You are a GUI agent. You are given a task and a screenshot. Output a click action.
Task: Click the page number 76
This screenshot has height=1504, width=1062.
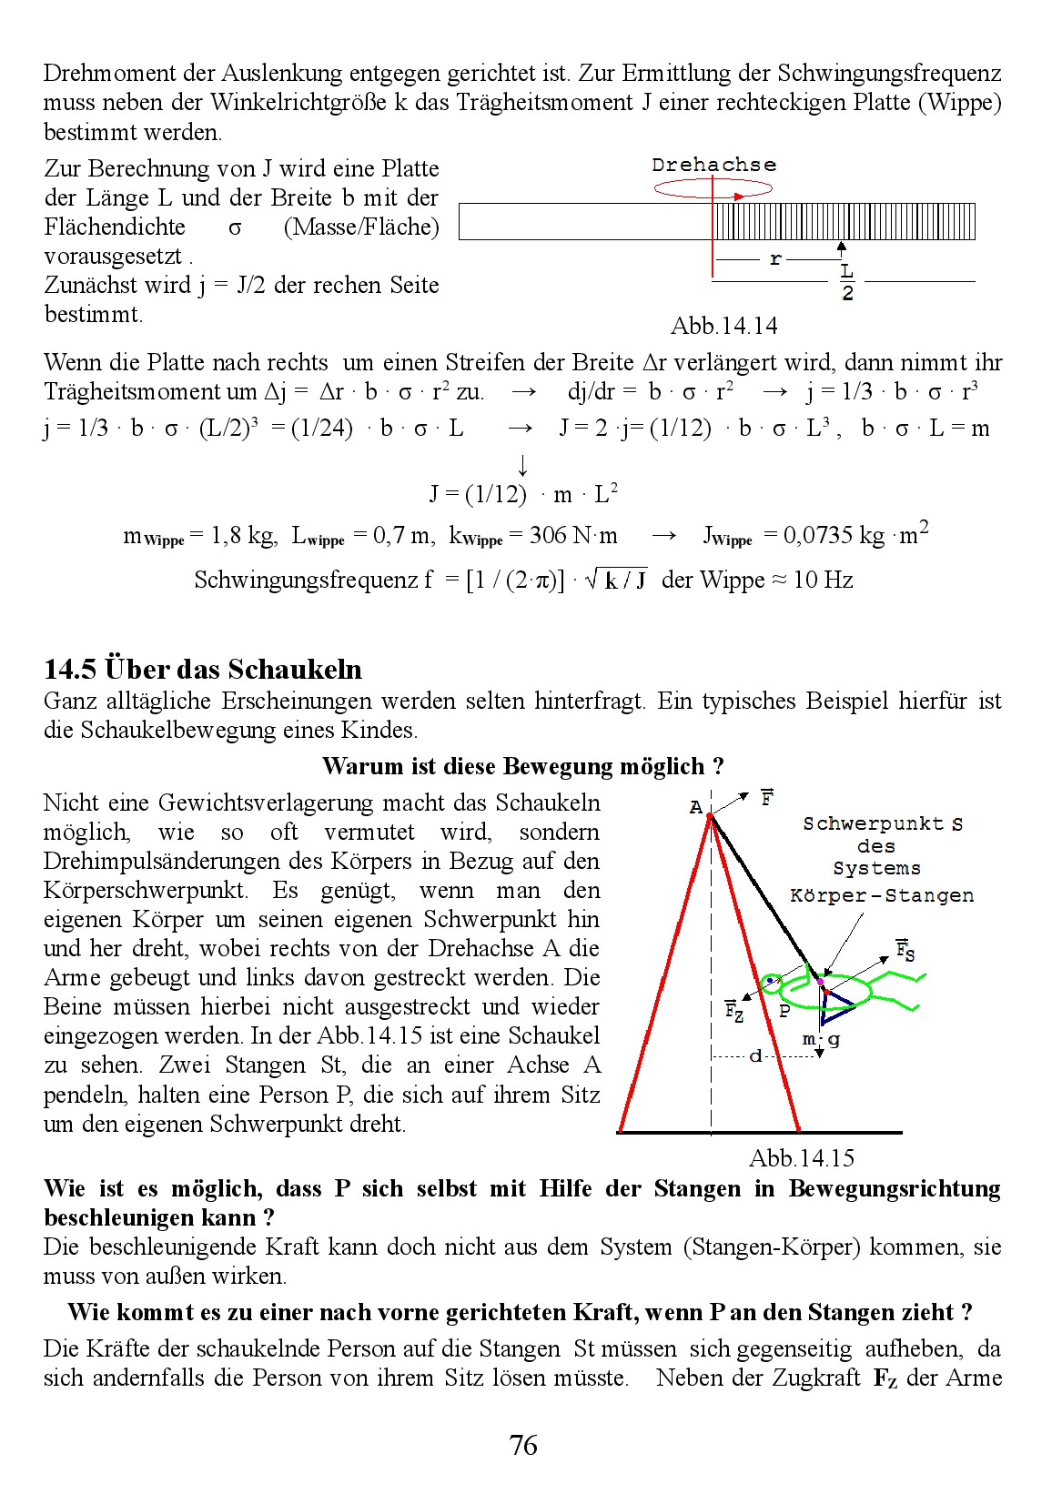tap(523, 1445)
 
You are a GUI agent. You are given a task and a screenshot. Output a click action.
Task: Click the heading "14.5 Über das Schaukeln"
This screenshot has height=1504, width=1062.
tap(203, 669)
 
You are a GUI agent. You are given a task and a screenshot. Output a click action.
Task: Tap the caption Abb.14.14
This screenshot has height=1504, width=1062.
tap(723, 326)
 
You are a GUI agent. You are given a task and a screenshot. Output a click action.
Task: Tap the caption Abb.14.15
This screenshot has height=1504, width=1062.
tap(802, 1157)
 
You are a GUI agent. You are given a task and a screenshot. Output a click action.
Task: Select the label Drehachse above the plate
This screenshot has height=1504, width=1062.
tap(713, 165)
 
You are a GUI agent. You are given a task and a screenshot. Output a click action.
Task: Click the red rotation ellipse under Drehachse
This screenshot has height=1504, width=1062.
tap(713, 188)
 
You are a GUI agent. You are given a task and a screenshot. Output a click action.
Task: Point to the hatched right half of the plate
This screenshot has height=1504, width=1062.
tap(844, 221)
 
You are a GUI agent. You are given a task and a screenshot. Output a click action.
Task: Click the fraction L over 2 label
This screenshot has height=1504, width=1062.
tap(847, 281)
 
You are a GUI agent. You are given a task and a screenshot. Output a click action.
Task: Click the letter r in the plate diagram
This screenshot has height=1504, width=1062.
tap(775, 259)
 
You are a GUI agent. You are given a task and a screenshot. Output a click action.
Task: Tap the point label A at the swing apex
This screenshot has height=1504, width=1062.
tap(696, 807)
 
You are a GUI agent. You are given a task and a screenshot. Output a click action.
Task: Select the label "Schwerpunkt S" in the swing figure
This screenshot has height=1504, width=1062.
tap(882, 823)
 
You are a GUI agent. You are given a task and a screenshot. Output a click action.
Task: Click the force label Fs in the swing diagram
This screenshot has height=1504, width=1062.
tap(905, 950)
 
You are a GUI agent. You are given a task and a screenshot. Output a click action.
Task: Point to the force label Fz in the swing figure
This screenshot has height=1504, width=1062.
tap(733, 1010)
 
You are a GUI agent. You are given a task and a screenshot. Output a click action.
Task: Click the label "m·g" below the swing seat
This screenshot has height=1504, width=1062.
tap(821, 1039)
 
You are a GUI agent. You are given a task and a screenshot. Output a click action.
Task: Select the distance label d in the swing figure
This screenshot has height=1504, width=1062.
tap(755, 1056)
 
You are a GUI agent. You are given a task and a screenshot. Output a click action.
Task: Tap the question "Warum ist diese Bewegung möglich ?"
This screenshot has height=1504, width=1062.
tap(522, 766)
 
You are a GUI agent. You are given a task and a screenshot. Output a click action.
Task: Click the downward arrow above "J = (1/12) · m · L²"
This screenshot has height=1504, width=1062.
tap(522, 466)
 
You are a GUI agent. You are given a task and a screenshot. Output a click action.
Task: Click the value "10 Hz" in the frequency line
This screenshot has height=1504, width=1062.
tap(823, 580)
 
